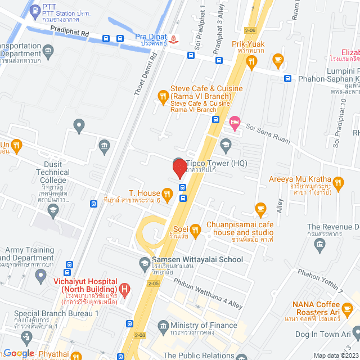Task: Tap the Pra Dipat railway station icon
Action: [x=173, y=39]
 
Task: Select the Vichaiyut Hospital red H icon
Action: [x=125, y=290]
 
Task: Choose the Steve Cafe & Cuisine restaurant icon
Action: [x=163, y=97]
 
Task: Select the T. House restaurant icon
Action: [x=166, y=193]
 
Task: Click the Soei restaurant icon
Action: [x=195, y=229]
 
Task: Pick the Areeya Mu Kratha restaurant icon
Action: [x=337, y=182]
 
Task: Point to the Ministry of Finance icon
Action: [x=164, y=326]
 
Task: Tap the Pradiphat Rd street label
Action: [x=69, y=34]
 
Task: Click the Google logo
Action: [x=19, y=353]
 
